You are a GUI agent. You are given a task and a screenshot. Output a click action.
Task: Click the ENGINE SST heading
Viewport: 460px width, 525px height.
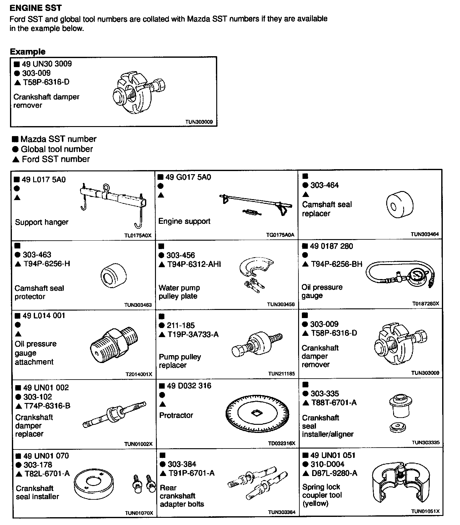point(36,8)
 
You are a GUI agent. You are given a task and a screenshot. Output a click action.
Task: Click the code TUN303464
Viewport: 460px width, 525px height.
point(425,234)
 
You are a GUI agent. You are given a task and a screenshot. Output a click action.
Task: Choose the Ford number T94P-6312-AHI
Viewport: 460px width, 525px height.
point(194,264)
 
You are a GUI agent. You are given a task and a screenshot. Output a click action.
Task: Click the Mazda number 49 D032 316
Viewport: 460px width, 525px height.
point(189,386)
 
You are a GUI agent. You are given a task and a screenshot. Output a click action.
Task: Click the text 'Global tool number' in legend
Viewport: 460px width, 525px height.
point(57,149)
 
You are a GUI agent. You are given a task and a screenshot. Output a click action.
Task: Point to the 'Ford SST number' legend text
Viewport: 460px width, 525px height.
point(56,159)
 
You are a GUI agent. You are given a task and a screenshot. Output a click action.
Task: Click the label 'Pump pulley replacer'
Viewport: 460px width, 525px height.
point(180,361)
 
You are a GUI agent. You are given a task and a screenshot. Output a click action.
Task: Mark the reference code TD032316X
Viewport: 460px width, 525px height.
point(281,444)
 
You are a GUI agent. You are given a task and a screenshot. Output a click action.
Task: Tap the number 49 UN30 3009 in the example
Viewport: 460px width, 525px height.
point(47,64)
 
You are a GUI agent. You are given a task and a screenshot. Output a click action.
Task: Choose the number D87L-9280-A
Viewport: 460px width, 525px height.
point(334,473)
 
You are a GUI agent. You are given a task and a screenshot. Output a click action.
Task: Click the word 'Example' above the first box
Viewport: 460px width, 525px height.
point(27,52)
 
